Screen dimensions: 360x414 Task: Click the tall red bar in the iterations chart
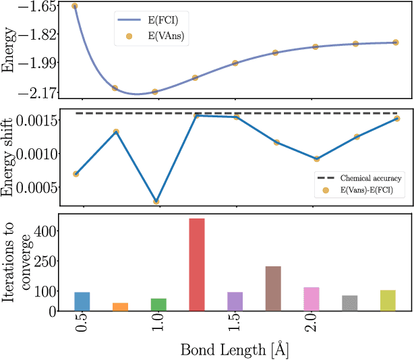pyautogui.click(x=197, y=264)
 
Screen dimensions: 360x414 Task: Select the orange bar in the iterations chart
pyautogui.click(x=120, y=307)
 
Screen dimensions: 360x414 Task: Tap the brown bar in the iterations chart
pyautogui.click(x=273, y=289)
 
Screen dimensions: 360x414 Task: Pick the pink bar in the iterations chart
pyautogui.click(x=312, y=299)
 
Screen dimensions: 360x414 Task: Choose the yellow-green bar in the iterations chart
pyautogui.click(x=388, y=300)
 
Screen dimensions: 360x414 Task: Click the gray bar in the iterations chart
pyautogui.click(x=349, y=303)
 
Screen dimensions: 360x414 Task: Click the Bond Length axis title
pyautogui.click(x=235, y=351)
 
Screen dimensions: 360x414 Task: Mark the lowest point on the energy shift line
pyautogui.click(x=156, y=202)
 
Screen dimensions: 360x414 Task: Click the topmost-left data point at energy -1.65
pyautogui.click(x=75, y=6)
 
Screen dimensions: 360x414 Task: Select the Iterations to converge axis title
pyautogui.click(x=18, y=263)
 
